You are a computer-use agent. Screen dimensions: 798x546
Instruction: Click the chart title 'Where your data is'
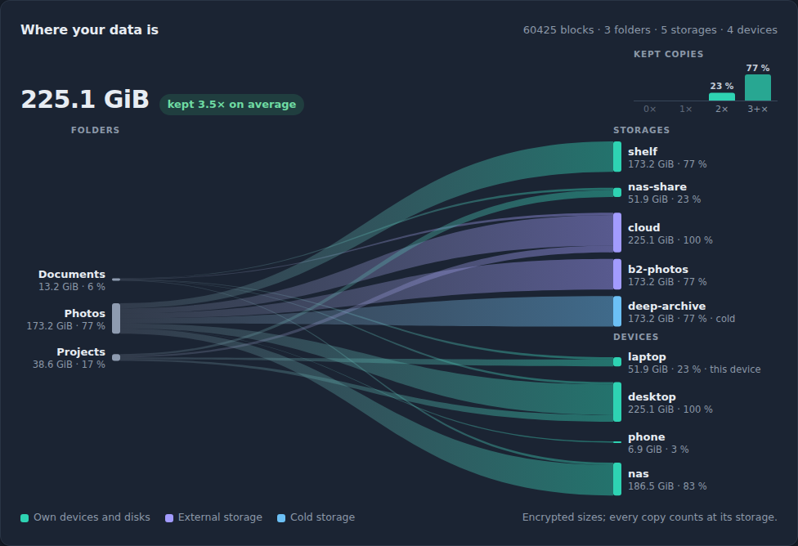[x=90, y=30]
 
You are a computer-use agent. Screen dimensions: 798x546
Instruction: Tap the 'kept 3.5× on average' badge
[x=231, y=105]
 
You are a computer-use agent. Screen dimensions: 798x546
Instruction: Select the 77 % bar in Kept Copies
[x=758, y=87]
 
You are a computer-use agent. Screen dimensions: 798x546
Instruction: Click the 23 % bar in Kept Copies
[x=722, y=96]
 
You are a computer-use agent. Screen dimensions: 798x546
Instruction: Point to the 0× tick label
[x=650, y=109]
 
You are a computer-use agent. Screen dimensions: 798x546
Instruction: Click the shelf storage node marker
[x=617, y=157]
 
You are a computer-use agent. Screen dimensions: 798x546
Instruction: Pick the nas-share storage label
[x=657, y=186]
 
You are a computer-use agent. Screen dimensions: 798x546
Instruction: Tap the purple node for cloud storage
[x=617, y=233]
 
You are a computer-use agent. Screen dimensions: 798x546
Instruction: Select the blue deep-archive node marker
[x=617, y=311]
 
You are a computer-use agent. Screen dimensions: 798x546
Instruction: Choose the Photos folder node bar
[x=116, y=319]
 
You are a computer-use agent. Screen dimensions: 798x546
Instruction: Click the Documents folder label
[x=72, y=275]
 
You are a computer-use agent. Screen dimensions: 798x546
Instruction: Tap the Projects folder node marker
[x=116, y=357]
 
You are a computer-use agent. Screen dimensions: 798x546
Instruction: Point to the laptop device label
[x=647, y=356]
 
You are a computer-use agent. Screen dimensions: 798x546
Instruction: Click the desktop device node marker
[x=617, y=402]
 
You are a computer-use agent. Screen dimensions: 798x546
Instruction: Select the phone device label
[x=647, y=437]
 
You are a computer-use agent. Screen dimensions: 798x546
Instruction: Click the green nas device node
[x=617, y=479]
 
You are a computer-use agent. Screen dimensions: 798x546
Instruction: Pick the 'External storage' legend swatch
[x=169, y=518]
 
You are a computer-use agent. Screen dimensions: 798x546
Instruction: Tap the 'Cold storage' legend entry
[x=316, y=517]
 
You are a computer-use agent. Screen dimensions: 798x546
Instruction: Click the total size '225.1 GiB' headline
[x=85, y=99]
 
